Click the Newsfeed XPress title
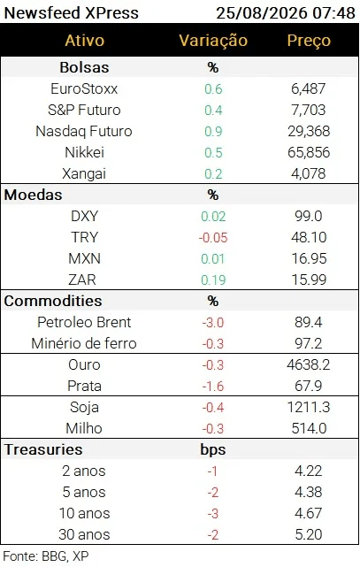click(x=72, y=13)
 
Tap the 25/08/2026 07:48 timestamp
click(x=286, y=13)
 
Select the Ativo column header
click(x=85, y=40)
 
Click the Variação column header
click(x=213, y=40)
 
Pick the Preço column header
click(x=309, y=41)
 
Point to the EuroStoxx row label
click(x=84, y=88)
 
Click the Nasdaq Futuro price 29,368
click(x=309, y=131)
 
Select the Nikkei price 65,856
click(x=309, y=152)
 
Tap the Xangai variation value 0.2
click(x=213, y=174)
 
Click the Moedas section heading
click(x=34, y=195)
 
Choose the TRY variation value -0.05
click(x=213, y=238)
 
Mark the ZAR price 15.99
click(x=309, y=280)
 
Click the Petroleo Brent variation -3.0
click(x=213, y=322)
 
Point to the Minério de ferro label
click(x=84, y=343)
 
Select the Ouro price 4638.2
click(x=309, y=364)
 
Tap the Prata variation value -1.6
click(x=213, y=387)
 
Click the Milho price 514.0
click(x=309, y=428)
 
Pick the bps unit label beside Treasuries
click(x=213, y=450)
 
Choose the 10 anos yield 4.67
click(x=309, y=513)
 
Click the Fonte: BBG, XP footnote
click(x=46, y=556)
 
